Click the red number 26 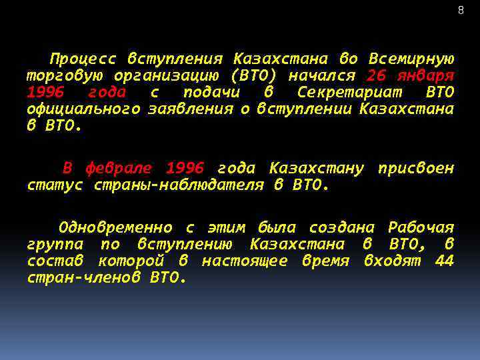(376, 74)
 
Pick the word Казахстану (317, 168)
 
